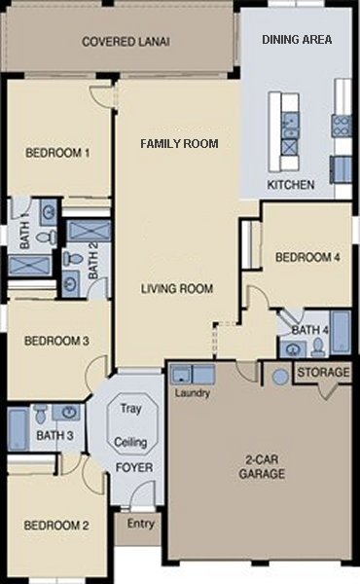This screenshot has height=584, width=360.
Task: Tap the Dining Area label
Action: pyautogui.click(x=298, y=40)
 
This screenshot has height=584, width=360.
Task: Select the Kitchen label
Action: pyautogui.click(x=290, y=184)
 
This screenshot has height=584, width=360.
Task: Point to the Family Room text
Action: pyautogui.click(x=179, y=144)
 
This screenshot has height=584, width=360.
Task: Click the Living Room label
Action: pyautogui.click(x=176, y=288)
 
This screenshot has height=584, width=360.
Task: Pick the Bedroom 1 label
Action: pyautogui.click(x=57, y=153)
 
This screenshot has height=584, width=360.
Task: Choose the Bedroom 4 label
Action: pyautogui.click(x=307, y=258)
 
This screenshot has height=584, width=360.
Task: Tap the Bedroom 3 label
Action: pyautogui.click(x=57, y=341)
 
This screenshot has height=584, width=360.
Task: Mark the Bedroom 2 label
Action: pyautogui.click(x=56, y=526)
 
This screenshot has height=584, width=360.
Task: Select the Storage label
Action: pyautogui.click(x=323, y=373)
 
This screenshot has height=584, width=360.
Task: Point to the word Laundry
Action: pyautogui.click(x=192, y=394)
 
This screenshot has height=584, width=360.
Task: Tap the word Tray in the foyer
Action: pyautogui.click(x=130, y=409)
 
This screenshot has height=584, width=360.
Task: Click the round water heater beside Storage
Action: pyautogui.click(x=280, y=376)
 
